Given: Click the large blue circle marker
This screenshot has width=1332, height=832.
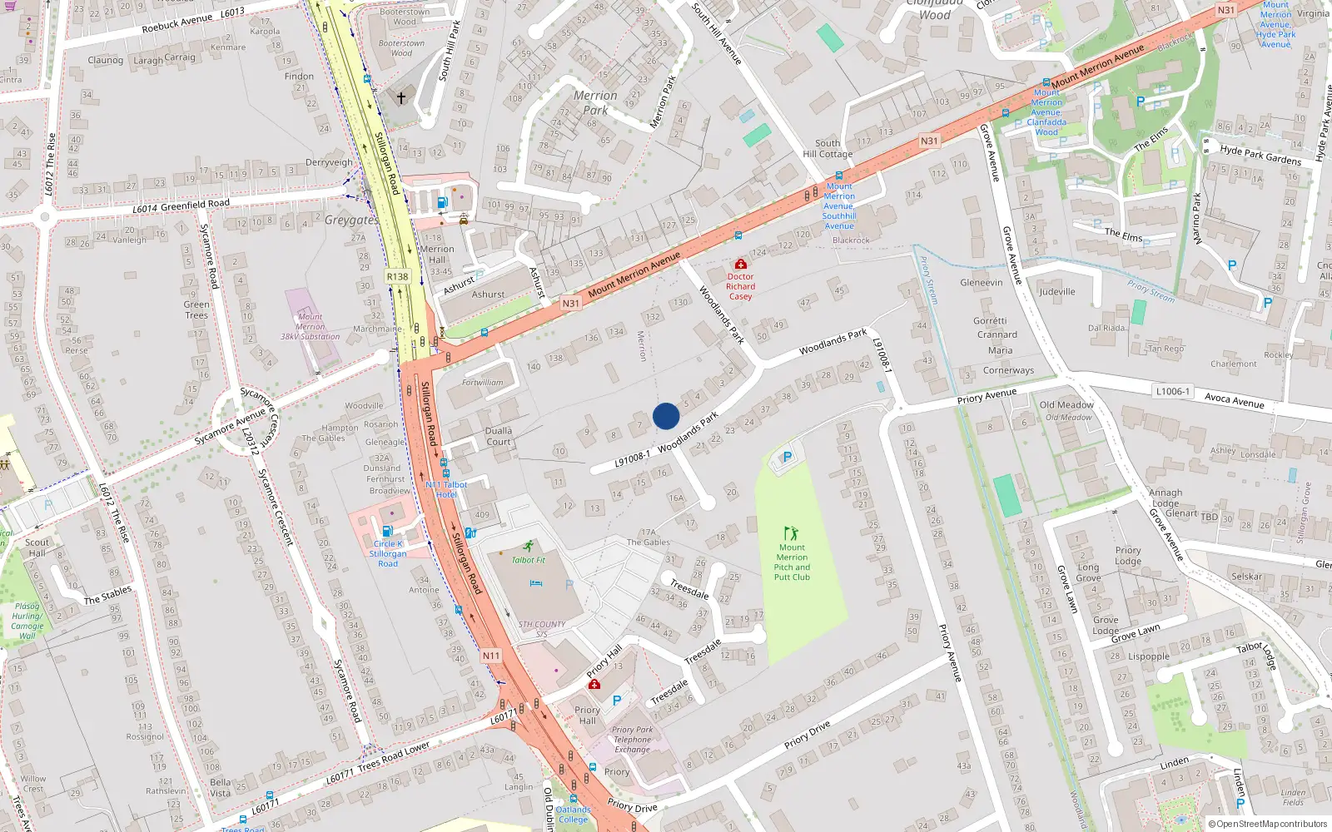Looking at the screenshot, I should pyautogui.click(x=666, y=416).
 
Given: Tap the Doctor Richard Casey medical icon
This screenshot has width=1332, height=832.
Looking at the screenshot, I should pyautogui.click(x=740, y=265).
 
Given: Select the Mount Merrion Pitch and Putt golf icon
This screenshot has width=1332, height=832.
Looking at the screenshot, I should pyautogui.click(x=791, y=533).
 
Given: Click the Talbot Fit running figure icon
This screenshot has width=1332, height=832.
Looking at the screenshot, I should pyautogui.click(x=529, y=547).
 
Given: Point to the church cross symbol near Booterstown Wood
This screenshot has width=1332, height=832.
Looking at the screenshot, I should pyautogui.click(x=401, y=98).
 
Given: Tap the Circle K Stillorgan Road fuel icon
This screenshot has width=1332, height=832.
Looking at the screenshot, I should pyautogui.click(x=387, y=532).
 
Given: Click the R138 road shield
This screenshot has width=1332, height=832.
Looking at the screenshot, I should pyautogui.click(x=397, y=277).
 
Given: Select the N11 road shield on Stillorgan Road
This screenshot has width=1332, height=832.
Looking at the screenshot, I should pyautogui.click(x=491, y=656).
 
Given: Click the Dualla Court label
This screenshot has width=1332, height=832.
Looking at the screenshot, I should pyautogui.click(x=499, y=436).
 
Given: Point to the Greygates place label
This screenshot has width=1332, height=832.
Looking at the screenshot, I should pyautogui.click(x=350, y=220).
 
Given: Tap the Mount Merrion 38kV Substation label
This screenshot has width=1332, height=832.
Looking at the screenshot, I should pyautogui.click(x=310, y=327).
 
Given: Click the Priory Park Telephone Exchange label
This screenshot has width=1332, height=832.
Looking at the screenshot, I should pyautogui.click(x=633, y=740).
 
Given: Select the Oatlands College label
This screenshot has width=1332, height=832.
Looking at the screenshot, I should pyautogui.click(x=573, y=815).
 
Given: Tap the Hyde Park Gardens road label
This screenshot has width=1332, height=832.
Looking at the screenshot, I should pyautogui.click(x=1260, y=155).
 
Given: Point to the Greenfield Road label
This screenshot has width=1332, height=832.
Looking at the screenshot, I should pyautogui.click(x=195, y=205).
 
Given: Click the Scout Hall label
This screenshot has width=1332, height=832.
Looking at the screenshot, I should pyautogui.click(x=37, y=547).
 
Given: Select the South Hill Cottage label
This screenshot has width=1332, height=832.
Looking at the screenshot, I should pyautogui.click(x=828, y=148).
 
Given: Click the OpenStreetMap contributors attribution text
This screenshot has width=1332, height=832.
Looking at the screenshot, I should pyautogui.click(x=1271, y=825).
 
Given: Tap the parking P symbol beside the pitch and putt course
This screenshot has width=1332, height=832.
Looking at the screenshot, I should pyautogui.click(x=787, y=457).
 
